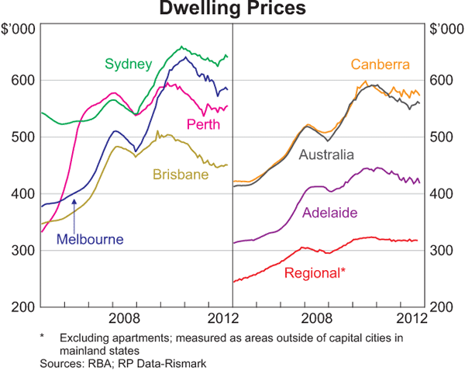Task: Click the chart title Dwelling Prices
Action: (232, 9)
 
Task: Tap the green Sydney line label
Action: (127, 64)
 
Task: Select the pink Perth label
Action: (201, 124)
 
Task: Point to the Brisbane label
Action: (181, 175)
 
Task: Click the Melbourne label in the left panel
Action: (90, 239)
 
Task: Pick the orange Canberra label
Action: (380, 64)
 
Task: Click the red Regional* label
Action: (317, 272)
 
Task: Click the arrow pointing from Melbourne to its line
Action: (74, 213)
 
